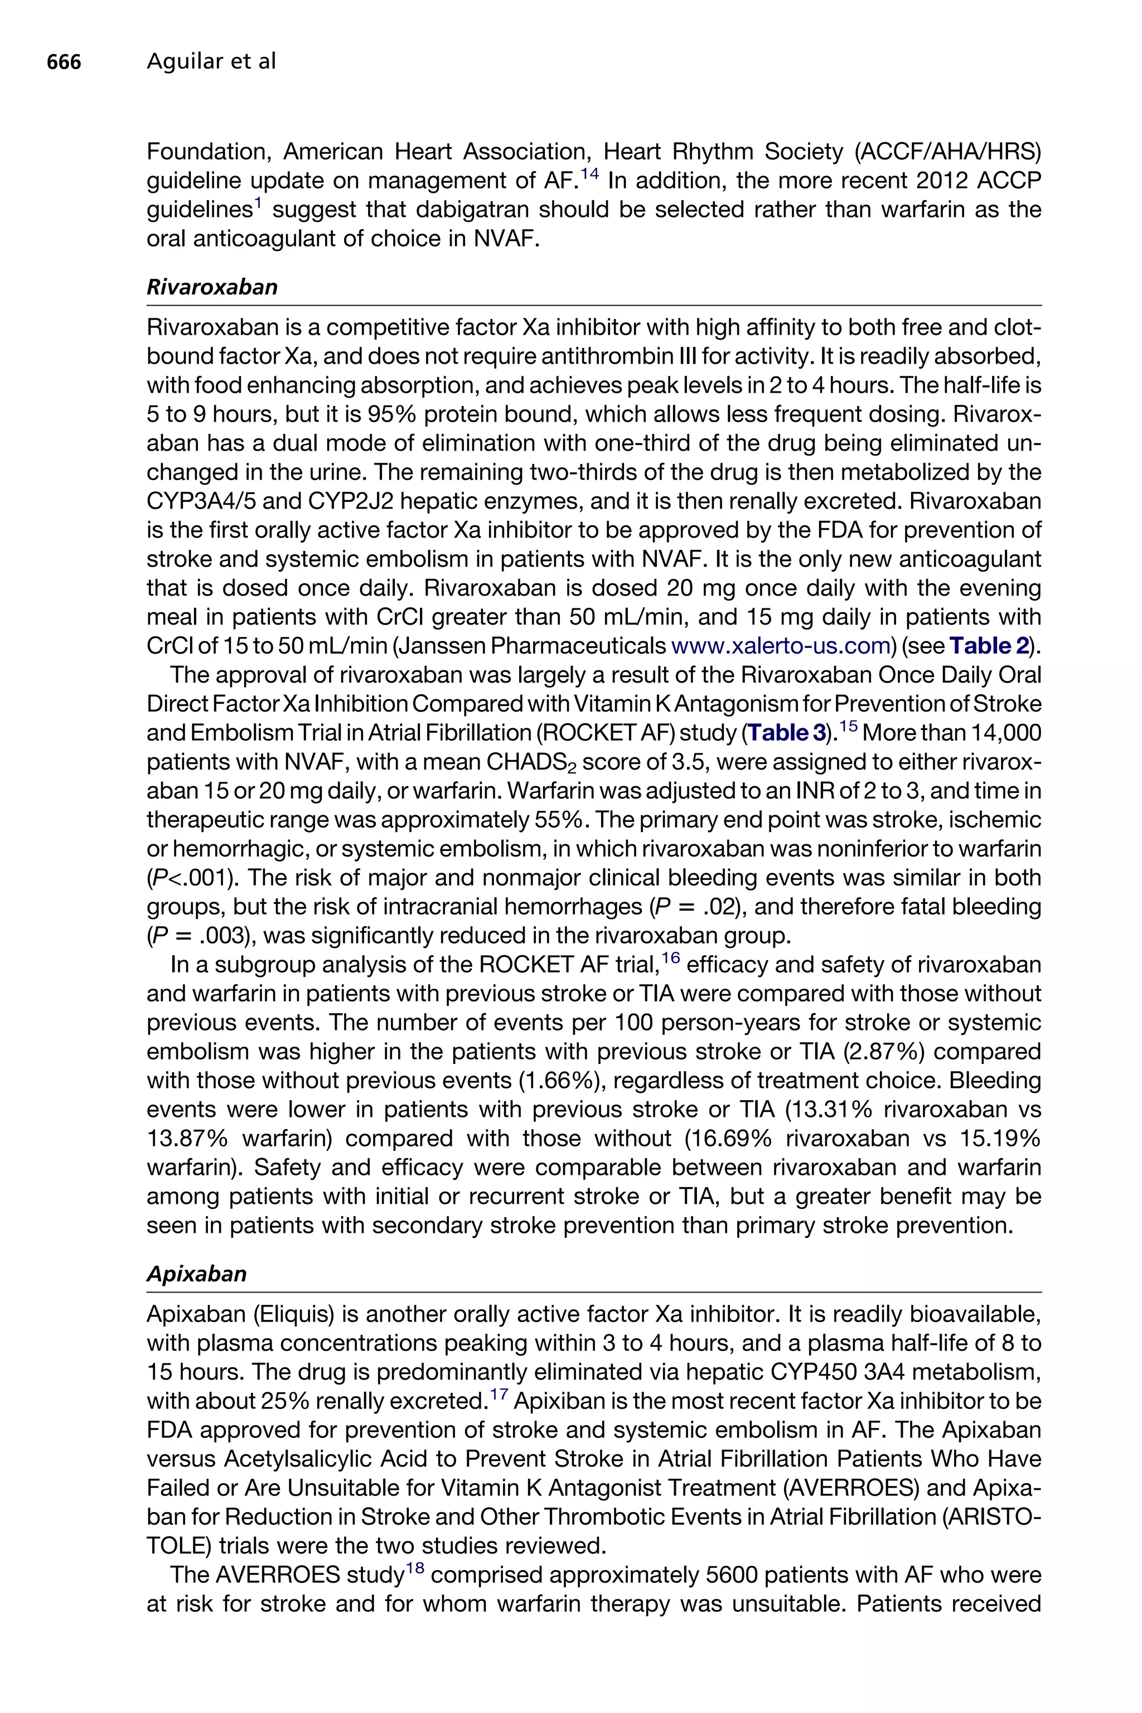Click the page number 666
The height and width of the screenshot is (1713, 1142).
coord(64,62)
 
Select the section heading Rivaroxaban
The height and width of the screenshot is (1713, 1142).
coord(212,287)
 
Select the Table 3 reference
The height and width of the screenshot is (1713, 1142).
coord(789,733)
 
